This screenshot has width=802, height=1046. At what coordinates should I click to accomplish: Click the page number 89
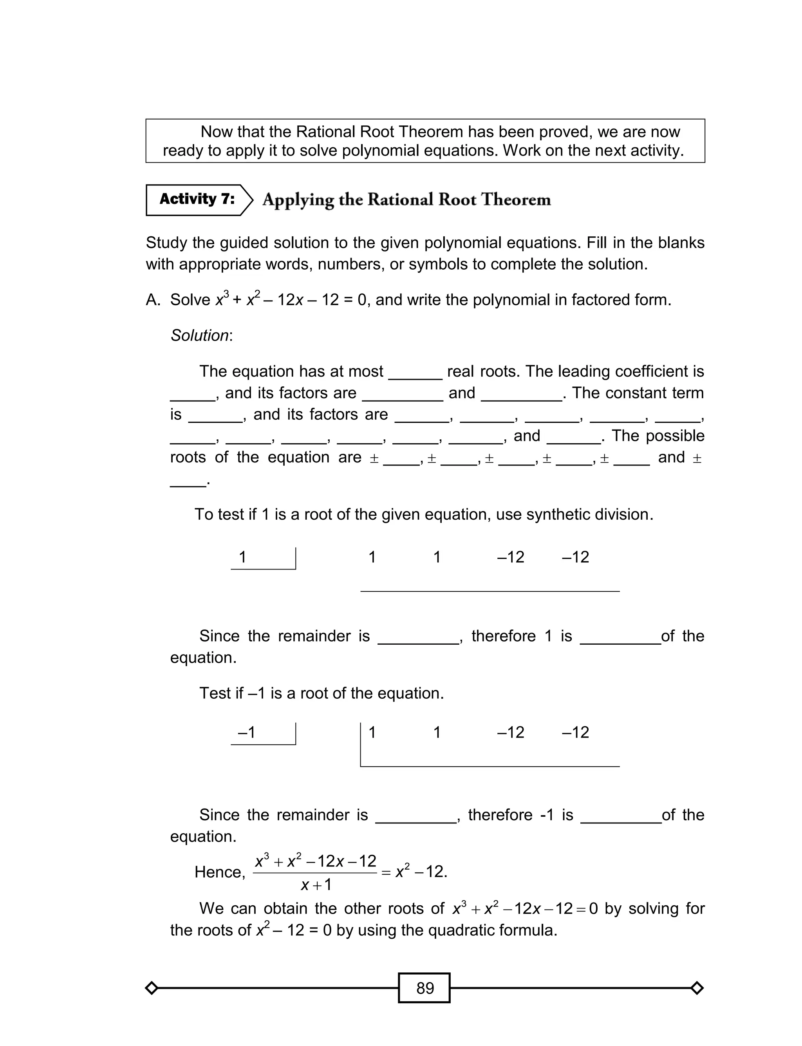pos(425,988)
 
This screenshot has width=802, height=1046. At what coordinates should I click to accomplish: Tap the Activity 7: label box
pos(197,199)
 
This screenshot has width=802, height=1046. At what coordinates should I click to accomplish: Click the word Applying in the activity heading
pos(298,199)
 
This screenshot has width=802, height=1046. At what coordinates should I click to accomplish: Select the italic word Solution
pos(200,335)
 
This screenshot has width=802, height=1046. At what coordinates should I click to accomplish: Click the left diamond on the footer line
pos(151,988)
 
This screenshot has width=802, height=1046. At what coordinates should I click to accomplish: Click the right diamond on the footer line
pos(697,988)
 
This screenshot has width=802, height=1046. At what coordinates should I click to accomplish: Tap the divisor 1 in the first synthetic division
pos(242,557)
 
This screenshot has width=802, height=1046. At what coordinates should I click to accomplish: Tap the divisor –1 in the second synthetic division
pos(246,732)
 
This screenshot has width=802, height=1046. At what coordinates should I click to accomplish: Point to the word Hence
pos(220,872)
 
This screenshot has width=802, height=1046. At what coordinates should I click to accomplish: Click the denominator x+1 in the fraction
pos(316,885)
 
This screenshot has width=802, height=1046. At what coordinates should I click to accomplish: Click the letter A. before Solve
pos(153,300)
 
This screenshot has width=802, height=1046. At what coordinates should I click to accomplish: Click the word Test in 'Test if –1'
pos(215,693)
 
